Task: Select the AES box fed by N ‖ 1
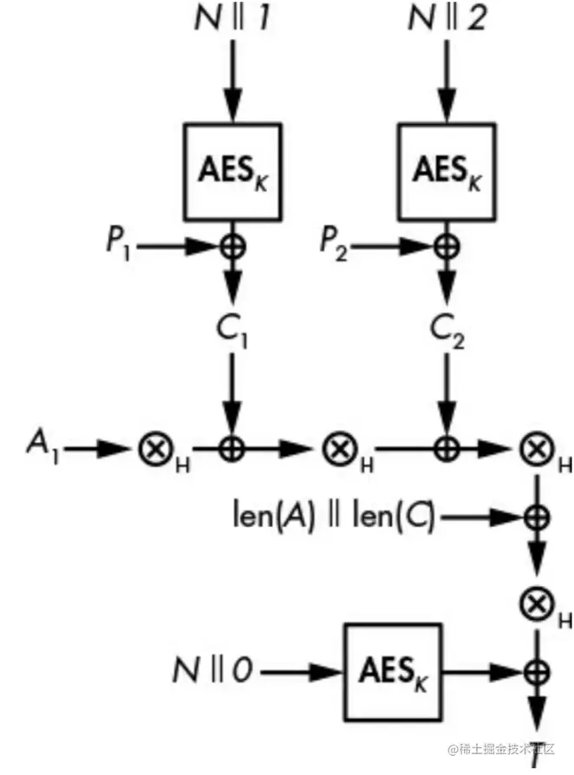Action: tap(232, 171)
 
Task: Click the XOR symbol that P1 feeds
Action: tap(232, 247)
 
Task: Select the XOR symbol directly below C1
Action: tap(232, 449)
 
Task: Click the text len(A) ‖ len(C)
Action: tap(334, 518)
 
